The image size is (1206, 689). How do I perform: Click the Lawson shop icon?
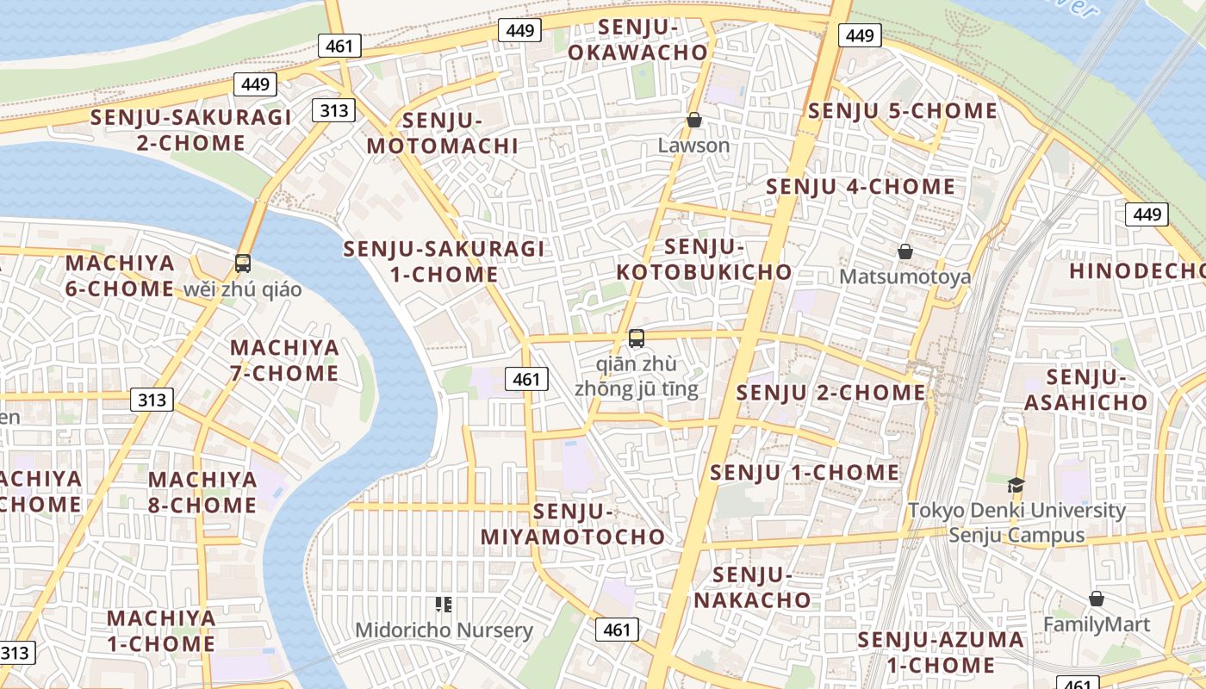point(694,120)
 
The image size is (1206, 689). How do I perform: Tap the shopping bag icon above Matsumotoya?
point(905,251)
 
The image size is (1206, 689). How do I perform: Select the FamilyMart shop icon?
point(1097,599)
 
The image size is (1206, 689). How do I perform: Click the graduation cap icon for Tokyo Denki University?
point(1016,485)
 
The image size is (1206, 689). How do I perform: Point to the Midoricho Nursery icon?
point(444,605)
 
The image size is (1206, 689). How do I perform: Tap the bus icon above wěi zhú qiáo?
point(243,264)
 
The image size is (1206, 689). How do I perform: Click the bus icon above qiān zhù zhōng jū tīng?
point(637,338)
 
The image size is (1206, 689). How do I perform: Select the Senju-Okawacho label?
point(637,40)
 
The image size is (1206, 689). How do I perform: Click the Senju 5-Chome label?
point(902,111)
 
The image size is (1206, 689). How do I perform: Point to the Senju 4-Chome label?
point(860,187)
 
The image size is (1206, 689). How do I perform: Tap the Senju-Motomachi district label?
point(443,133)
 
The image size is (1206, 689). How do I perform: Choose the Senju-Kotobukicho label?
point(704,259)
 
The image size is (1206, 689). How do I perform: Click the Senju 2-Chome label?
point(830,393)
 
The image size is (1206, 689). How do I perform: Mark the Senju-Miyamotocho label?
point(573,525)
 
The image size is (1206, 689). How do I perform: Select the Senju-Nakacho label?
point(753,587)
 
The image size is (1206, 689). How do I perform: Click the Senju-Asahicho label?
point(1086,389)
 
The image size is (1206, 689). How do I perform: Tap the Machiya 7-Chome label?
point(284,361)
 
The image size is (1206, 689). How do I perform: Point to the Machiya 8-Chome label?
point(202,492)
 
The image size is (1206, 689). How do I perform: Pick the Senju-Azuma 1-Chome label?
point(941,652)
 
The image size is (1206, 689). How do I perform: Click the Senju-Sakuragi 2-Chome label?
point(191,130)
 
